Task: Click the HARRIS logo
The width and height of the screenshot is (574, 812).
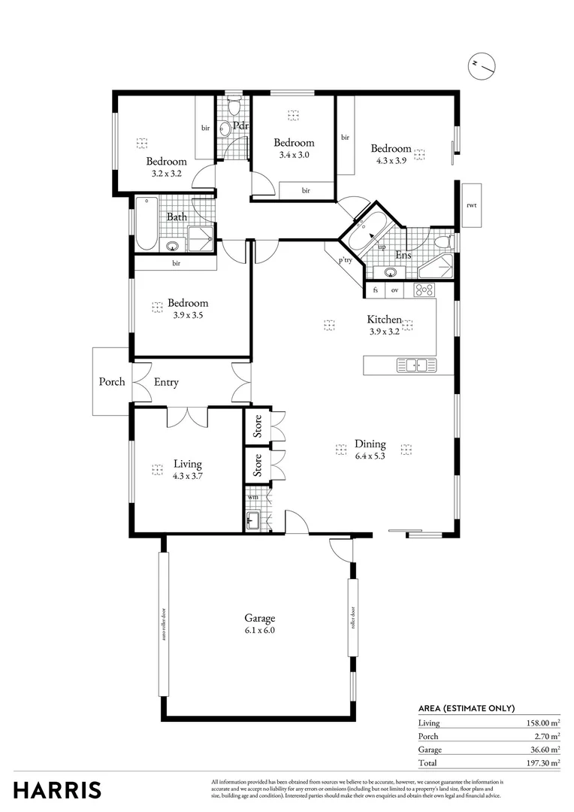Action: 57,790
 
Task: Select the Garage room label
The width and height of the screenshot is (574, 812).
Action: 259,619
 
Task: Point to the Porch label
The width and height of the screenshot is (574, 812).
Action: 112,382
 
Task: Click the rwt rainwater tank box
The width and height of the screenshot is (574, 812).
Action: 471,205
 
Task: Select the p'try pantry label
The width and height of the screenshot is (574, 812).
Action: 345,261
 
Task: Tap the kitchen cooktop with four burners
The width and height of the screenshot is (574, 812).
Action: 422,289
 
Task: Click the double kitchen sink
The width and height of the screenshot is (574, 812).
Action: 416,365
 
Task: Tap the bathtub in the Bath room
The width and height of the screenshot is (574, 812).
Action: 147,223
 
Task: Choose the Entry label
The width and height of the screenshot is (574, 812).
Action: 166,382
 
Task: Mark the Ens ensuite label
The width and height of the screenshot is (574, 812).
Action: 403,256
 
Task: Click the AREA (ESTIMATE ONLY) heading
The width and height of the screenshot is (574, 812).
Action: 466,708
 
